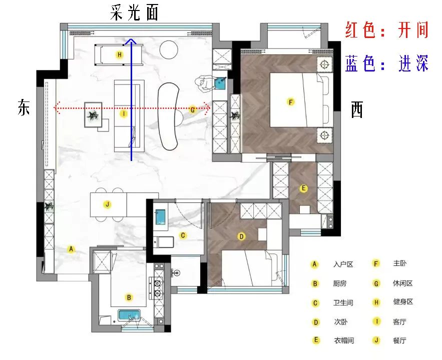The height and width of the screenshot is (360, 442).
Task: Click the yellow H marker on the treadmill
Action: [x=120, y=54]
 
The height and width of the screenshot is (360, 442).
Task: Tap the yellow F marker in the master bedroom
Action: [x=291, y=102]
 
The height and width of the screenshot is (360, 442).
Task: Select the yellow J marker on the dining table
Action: [x=108, y=204]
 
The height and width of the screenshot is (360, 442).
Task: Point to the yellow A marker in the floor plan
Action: [x=71, y=249]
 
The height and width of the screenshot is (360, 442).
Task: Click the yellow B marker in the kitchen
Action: [x=129, y=297]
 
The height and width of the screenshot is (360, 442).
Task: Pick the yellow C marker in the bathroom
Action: [x=183, y=235]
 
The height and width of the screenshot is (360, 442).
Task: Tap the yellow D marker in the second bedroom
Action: [x=241, y=236]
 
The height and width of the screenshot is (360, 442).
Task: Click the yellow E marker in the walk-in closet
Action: [x=303, y=188]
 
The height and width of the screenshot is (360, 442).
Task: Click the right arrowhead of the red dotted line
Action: [x=207, y=108]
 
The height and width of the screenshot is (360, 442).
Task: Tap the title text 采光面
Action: [x=134, y=12]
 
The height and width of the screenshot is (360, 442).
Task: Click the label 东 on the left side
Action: [x=24, y=107]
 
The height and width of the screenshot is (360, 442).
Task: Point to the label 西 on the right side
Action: [x=356, y=109]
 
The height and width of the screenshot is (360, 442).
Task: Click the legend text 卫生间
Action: [x=343, y=303]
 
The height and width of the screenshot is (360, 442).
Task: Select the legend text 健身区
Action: [x=403, y=302]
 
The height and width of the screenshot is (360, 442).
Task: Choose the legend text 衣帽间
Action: [x=344, y=340]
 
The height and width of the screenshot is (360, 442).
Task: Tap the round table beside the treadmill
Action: [x=169, y=50]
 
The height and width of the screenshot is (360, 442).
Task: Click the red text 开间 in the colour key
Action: [x=412, y=29]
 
